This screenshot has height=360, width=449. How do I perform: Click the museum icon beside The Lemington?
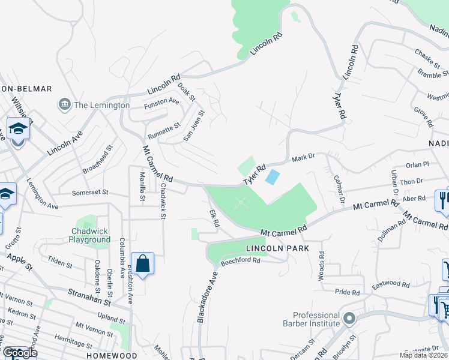(64, 105)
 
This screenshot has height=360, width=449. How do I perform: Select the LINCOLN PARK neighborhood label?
(277, 248)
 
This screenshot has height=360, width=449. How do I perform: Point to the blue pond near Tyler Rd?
(272, 177)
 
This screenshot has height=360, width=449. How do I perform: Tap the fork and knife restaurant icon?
(443, 199)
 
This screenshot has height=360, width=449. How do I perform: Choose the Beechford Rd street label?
(240, 261)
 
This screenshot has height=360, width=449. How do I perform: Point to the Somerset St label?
(89, 193)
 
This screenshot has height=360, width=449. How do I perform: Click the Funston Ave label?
(161, 103)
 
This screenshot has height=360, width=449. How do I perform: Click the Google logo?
(20, 353)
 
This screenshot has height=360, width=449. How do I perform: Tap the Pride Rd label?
(347, 292)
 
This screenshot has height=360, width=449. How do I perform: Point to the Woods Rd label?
(321, 265)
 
